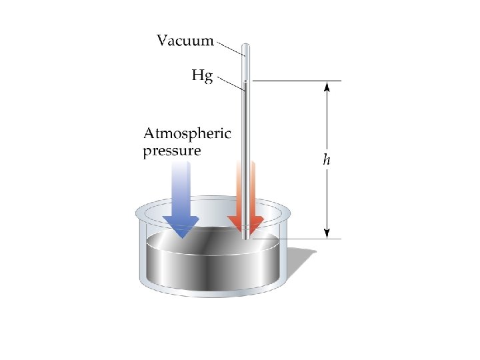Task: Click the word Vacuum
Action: pos(185,41)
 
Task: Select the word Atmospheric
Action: pos(187,133)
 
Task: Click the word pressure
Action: pos(171,151)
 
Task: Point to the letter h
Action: pos(326,160)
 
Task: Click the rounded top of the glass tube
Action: pos(246,47)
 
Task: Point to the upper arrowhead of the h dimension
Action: pos(327,87)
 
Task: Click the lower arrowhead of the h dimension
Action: pos(327,233)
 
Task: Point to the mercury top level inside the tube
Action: pos(246,81)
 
